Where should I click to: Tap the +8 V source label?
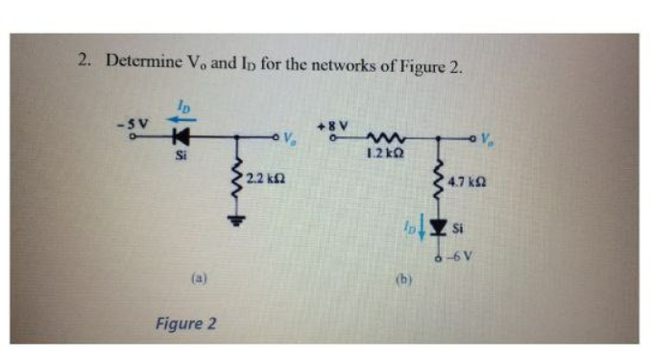(336, 125)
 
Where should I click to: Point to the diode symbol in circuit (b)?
(440, 228)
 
